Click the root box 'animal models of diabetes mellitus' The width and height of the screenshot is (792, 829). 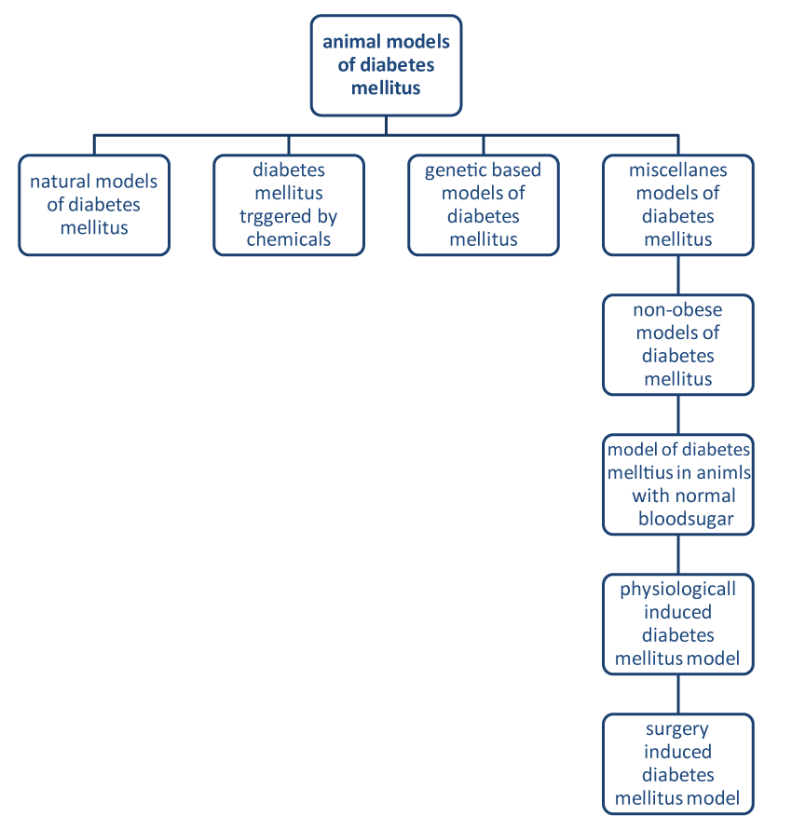[x=386, y=65]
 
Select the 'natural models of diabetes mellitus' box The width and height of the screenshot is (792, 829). [x=94, y=205]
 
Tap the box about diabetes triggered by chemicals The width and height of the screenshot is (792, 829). [x=289, y=205]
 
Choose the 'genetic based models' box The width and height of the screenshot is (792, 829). [x=483, y=205]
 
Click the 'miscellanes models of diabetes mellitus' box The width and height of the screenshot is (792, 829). [x=677, y=205]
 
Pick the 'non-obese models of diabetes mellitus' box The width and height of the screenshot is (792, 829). [x=677, y=345]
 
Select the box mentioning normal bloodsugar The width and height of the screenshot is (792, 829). [x=677, y=484]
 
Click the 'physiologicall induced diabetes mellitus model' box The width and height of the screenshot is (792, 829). [x=677, y=624]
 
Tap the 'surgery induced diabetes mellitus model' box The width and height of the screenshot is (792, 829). [x=677, y=764]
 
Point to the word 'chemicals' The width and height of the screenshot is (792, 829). [x=289, y=239]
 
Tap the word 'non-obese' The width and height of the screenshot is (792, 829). [x=677, y=310]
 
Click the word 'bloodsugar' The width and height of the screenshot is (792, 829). [x=686, y=519]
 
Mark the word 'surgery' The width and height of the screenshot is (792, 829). [x=677, y=728]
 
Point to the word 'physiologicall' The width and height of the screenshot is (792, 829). [x=677, y=590]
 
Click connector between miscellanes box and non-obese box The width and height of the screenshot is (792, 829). [x=677, y=275]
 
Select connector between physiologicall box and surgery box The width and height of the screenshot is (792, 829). [x=677, y=694]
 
